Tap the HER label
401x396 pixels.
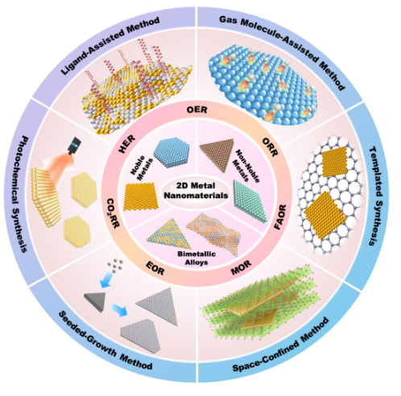pyautogui.click(x=127, y=145)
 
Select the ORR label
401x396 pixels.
pyautogui.click(x=270, y=147)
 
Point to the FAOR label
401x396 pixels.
pyautogui.click(x=280, y=217)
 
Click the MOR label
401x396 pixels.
pyautogui.click(x=242, y=267)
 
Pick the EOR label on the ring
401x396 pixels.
pyautogui.click(x=155, y=268)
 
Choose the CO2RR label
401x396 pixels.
pyautogui.click(x=113, y=213)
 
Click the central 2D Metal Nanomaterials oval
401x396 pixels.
pyautogui.click(x=196, y=191)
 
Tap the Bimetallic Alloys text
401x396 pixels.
pyautogui.click(x=196, y=258)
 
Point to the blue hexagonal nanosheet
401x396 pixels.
pyautogui.click(x=172, y=152)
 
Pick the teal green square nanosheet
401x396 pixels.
pyautogui.click(x=250, y=200)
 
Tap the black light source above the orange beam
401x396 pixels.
pyautogui.click(x=74, y=146)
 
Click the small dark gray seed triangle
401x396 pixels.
pyautogui.click(x=95, y=302)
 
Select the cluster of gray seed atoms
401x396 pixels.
pyautogui.click(x=115, y=266)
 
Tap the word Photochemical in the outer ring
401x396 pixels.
pyautogui.click(x=25, y=172)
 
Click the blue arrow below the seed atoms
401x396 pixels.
pyautogui.click(x=106, y=279)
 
